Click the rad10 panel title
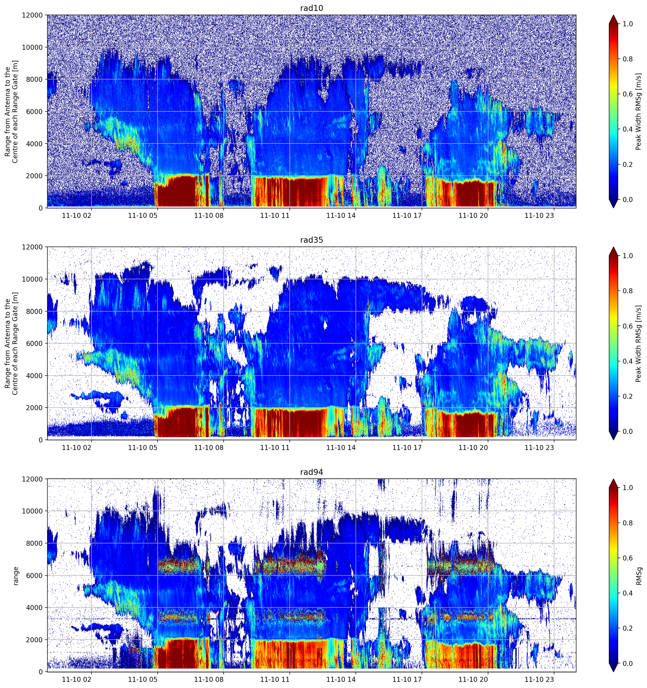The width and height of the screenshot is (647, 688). tap(312, 8)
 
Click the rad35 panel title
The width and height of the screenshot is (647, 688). tap(312, 240)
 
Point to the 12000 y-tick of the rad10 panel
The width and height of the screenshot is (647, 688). tap(32, 15)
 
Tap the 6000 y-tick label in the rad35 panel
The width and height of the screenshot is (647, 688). tap(34, 344)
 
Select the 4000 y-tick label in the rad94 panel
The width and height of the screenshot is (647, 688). tap(34, 608)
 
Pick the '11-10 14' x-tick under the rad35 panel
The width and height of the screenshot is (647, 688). tap(341, 447)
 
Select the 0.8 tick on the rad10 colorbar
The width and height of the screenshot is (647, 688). tap(628, 59)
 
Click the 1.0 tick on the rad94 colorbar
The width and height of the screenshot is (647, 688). tap(628, 488)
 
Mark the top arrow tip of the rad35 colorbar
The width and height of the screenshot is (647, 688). tap(613, 247)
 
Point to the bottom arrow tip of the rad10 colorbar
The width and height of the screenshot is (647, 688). tap(613, 208)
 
